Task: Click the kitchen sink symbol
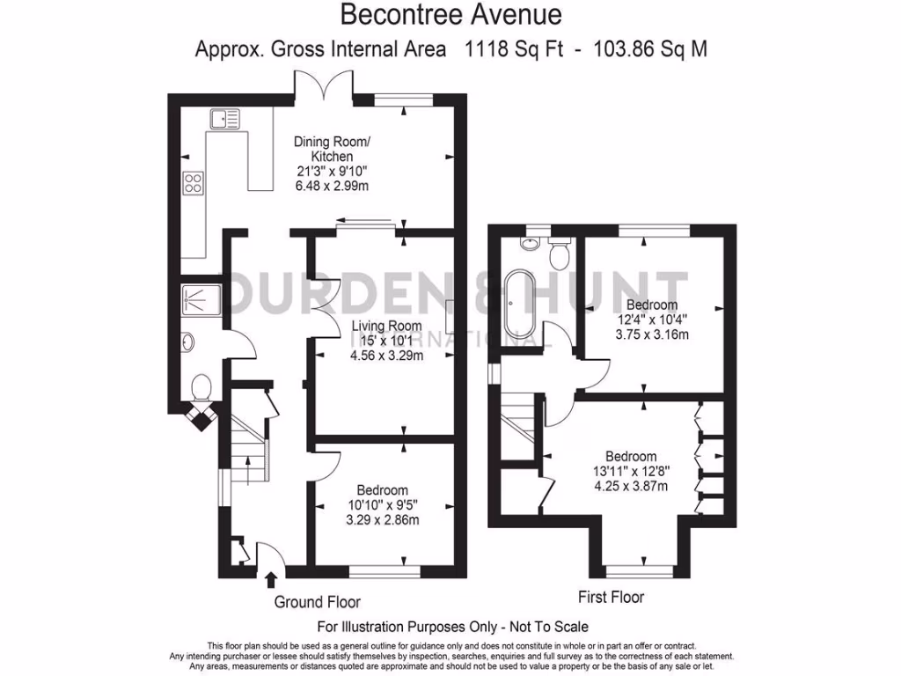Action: pos(225,119)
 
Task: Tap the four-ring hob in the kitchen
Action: pos(193,183)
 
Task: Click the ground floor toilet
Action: pos(201,387)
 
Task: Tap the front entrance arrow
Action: pos(271,579)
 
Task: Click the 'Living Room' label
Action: pos(386,326)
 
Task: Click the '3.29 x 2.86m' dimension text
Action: pos(382,520)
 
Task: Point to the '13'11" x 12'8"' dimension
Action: pos(632,472)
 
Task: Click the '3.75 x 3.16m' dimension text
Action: pos(652,334)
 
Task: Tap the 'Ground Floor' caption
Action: pos(317,602)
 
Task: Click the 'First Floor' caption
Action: pos(611,598)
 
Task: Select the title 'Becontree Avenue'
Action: pos(451,14)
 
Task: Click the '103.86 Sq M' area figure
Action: pos(650,49)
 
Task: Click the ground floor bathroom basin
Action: pos(188,343)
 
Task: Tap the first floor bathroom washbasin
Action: pos(529,244)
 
